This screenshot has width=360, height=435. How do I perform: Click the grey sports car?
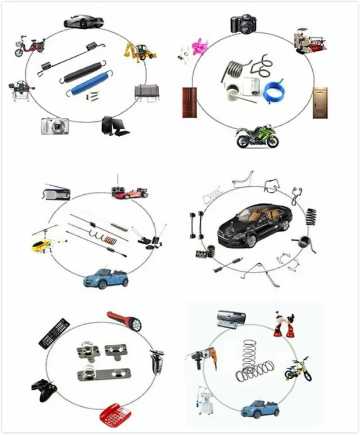pyautogui.click(x=83, y=21)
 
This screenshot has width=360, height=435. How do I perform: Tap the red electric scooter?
pyautogui.click(x=29, y=46)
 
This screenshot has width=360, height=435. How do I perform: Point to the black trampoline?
pyautogui.click(x=145, y=92)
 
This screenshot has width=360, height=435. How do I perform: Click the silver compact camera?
pyautogui.click(x=55, y=126)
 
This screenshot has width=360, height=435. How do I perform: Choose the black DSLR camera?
pyautogui.click(x=242, y=23)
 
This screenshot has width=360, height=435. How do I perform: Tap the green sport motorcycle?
pyautogui.click(x=257, y=137)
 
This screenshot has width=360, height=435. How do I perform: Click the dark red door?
pyautogui.click(x=190, y=102)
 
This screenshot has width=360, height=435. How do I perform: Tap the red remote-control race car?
pyautogui.click(x=129, y=192)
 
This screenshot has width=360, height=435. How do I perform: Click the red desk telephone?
pyautogui.click(x=117, y=414)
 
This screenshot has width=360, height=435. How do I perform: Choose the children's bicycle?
pyautogui.click(x=298, y=369)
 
